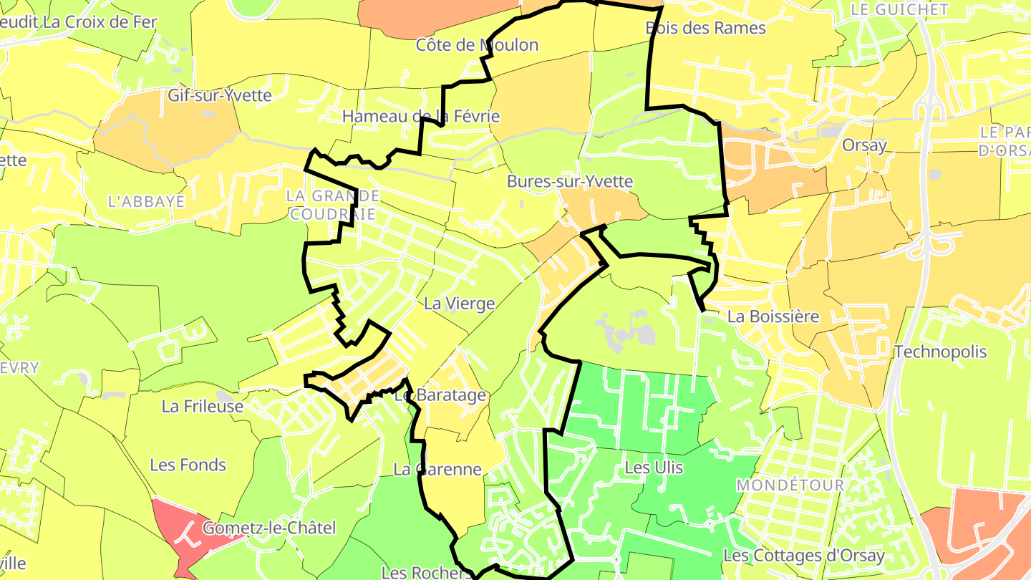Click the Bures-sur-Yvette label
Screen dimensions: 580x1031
pos(570,181)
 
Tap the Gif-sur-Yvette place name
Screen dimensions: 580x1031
pos(219,95)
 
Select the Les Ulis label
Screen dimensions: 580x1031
pos(654,468)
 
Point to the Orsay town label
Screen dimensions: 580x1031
pos(864,145)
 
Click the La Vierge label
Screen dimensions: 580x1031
pos(459,304)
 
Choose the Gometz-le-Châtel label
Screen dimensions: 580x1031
pos(269,528)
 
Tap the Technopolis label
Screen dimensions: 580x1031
pos(940,352)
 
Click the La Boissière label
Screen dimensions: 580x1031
pos(773,316)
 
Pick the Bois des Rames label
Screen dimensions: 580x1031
pos(705,28)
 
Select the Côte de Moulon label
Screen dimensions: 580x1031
pos(477,45)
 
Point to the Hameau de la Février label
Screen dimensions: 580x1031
pos(420,116)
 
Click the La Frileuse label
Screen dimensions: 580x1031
pos(203,406)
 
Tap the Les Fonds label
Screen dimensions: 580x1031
pos(188,465)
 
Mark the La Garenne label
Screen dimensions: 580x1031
pos(437,470)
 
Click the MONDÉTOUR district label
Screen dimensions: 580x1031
pos(790,485)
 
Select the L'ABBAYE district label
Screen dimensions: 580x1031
pos(146,201)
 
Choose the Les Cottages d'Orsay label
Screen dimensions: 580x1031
pos(804,556)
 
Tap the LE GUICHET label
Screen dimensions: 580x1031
pos(899,9)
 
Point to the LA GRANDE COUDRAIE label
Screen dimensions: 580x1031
pos(332,204)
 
